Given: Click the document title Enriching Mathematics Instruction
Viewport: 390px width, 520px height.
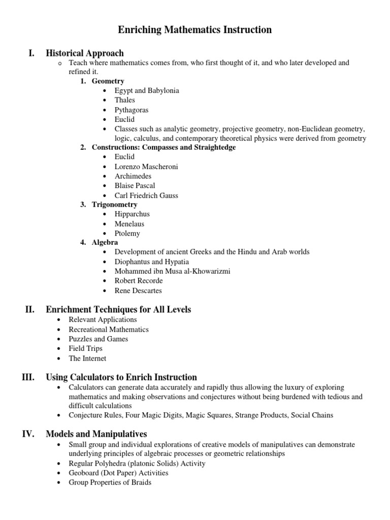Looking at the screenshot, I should tap(195, 30).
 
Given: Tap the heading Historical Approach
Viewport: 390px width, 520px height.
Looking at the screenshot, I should tap(85, 53).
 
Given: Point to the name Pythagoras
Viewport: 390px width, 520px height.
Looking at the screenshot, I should tap(132, 110).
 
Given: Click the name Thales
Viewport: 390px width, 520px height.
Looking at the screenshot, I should tap(125, 100).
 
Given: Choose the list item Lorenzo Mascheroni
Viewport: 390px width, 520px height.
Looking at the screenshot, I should tap(146, 167).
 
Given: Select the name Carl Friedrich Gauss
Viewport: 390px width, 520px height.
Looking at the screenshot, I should tap(146, 196).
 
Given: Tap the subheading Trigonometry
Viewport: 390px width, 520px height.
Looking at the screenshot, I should tap(114, 205).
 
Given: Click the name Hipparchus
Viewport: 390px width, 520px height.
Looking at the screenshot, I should tap(132, 214).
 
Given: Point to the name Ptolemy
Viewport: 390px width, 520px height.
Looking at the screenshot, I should tap(127, 234).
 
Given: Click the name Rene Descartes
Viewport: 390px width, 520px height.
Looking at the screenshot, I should tap(138, 291).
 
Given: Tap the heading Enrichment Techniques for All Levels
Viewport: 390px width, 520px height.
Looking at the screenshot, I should tap(118, 309).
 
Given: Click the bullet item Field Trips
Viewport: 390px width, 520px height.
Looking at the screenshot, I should tap(85, 348).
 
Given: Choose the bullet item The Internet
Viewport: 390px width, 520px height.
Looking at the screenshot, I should tap(87, 359).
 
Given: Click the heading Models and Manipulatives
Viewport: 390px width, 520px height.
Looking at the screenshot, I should tap(96, 434).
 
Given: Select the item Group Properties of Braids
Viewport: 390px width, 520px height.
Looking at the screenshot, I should tap(110, 482).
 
